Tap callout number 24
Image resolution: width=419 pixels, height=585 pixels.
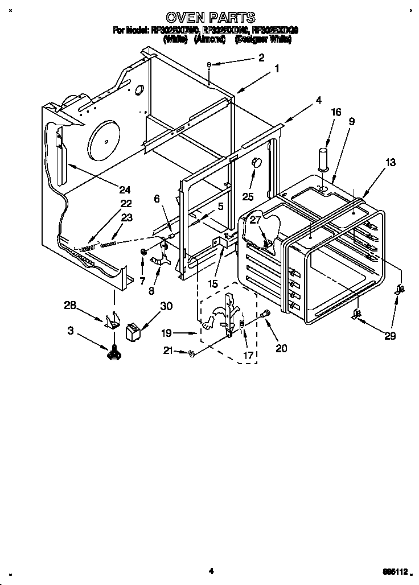(x=125, y=189)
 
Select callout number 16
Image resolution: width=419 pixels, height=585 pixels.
(x=336, y=112)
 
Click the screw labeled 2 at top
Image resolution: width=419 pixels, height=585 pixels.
(x=210, y=65)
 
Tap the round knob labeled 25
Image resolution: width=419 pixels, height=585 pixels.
(x=256, y=163)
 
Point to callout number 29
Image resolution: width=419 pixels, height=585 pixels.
(x=389, y=336)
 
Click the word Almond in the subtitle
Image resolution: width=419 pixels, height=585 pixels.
(x=210, y=40)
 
